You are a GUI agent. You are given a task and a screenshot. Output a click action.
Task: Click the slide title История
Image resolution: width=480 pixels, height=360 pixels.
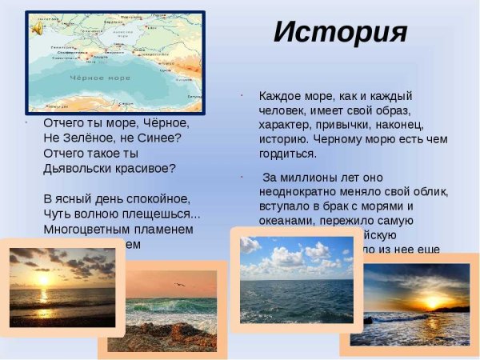coord(340,31)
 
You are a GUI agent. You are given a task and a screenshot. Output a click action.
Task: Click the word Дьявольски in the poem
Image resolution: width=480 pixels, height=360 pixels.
coord(81,168)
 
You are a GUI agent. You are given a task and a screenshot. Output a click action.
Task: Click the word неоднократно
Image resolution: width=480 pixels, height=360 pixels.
coord(300,192)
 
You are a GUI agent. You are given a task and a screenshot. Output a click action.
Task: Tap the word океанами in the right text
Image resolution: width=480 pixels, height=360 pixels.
coord(286,222)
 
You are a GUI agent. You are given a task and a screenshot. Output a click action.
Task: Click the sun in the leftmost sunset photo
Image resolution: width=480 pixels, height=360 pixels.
coord(42,281)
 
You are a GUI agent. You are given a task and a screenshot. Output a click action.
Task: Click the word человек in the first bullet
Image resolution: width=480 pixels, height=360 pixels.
coord(283,110)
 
